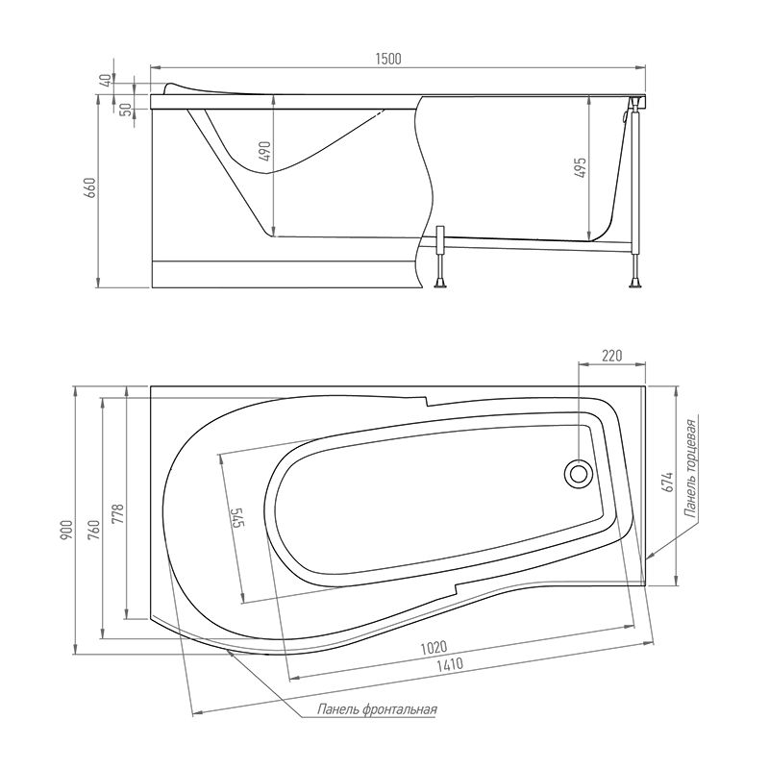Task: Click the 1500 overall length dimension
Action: (x=388, y=59)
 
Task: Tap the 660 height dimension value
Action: (x=90, y=187)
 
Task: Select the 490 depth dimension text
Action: (x=264, y=152)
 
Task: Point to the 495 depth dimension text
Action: (x=580, y=168)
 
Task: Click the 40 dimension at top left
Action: (x=106, y=81)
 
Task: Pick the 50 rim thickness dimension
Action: (x=126, y=110)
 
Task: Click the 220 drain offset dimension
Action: (x=611, y=355)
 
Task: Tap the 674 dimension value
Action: (x=667, y=483)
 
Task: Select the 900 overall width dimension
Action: (x=66, y=531)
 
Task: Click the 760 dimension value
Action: (x=93, y=531)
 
